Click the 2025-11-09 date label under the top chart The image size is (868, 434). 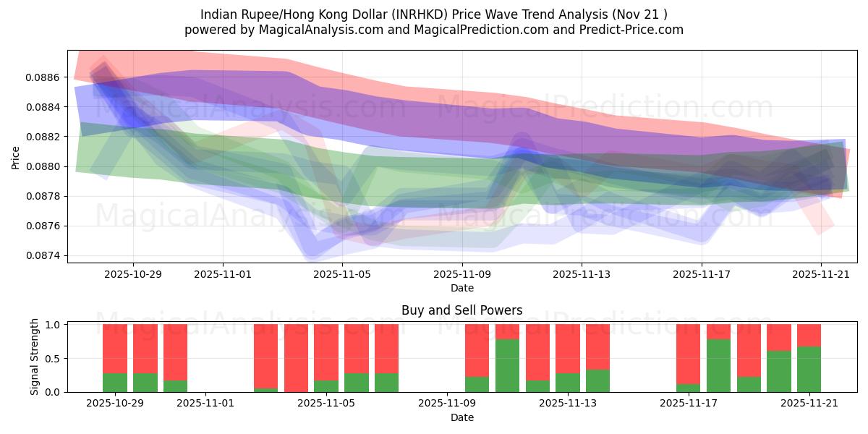click(462, 275)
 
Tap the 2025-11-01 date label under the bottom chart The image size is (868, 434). click(206, 404)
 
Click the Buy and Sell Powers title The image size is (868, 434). click(462, 311)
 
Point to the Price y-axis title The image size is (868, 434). click(16, 157)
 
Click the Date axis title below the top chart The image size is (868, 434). click(462, 288)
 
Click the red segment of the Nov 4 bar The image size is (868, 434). click(296, 358)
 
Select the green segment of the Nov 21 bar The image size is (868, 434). click(809, 369)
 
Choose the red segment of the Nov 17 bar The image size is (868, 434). click(688, 354)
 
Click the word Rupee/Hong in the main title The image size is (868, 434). click(273, 14)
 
